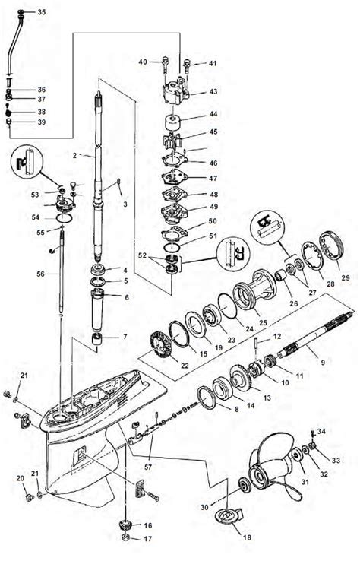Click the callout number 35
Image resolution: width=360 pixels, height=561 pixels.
(x=42, y=12)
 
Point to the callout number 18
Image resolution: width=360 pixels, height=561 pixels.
(x=247, y=537)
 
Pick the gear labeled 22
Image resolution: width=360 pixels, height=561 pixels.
(x=160, y=345)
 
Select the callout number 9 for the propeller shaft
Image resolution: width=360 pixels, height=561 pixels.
(x=323, y=362)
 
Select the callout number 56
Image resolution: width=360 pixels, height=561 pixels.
(x=41, y=274)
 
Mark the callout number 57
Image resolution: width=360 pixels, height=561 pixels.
(x=148, y=467)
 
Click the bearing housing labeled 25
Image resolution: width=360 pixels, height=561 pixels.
(x=254, y=290)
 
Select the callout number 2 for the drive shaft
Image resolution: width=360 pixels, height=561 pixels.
(x=74, y=156)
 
